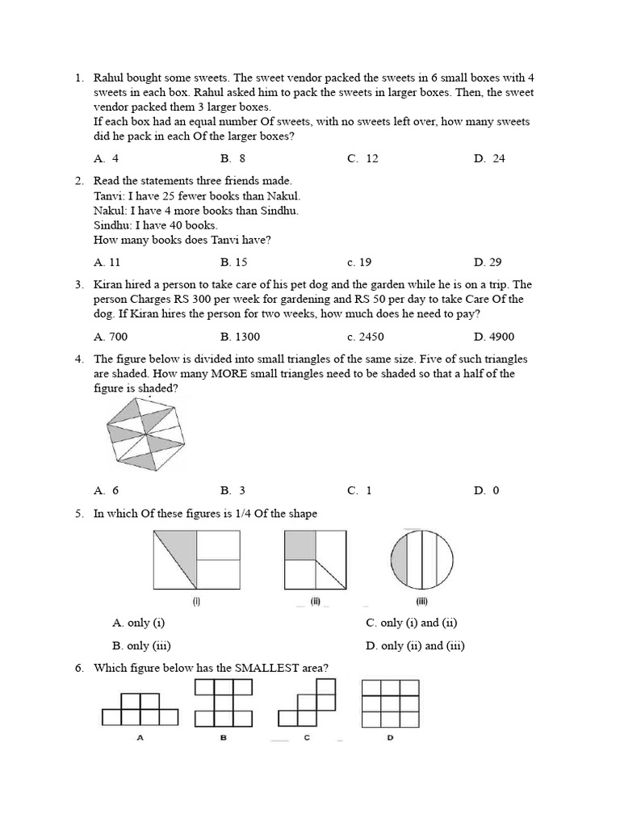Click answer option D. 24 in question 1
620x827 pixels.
click(489, 158)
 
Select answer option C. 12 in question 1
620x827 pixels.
click(363, 158)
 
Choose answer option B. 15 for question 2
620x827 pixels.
click(233, 262)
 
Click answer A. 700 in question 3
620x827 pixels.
click(111, 337)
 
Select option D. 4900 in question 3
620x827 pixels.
click(494, 337)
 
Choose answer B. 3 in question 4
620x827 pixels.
click(232, 490)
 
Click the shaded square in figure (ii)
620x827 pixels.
click(300, 546)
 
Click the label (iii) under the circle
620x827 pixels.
click(421, 601)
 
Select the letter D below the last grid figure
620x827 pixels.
click(390, 738)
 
